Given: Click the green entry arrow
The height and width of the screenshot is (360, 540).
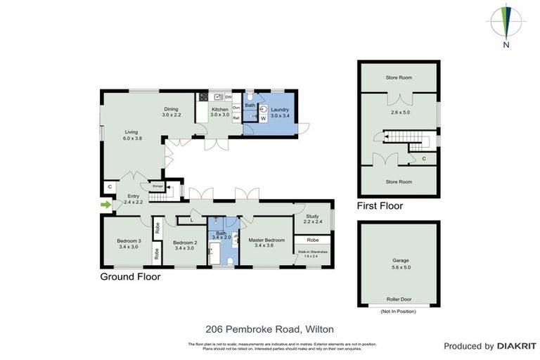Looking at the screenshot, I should [x=106, y=205].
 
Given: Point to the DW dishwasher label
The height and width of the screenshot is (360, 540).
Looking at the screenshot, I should [x=229, y=97].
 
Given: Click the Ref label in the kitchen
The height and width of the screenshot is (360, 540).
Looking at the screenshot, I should [x=236, y=118].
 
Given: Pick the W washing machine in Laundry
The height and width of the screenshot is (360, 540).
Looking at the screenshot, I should [x=264, y=119].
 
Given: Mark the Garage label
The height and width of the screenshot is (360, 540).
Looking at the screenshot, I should [x=400, y=260].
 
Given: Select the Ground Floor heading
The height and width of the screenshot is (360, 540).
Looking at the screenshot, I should [x=130, y=277].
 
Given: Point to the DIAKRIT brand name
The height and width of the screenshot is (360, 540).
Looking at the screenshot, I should [x=517, y=346].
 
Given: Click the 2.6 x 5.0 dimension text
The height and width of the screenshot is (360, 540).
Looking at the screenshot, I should [x=399, y=110].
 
